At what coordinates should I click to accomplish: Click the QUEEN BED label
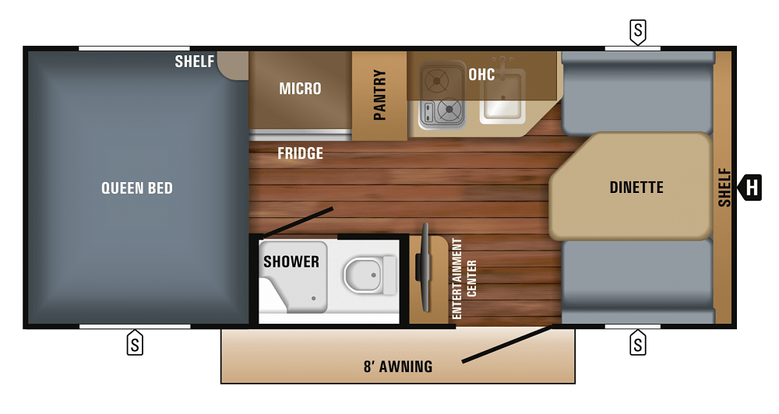(137, 188)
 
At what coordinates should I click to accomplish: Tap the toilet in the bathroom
(366, 275)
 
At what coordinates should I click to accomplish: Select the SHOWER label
(291, 261)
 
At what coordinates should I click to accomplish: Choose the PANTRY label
(380, 96)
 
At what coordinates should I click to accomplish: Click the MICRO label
(300, 89)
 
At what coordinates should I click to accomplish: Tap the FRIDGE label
(300, 153)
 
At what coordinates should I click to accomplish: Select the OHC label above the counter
(481, 75)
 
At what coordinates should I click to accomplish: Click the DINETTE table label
(636, 188)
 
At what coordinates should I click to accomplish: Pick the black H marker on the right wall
(751, 188)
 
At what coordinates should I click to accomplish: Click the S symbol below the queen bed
(135, 342)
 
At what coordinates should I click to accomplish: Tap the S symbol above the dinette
(638, 31)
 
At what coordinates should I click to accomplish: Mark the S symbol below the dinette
(638, 342)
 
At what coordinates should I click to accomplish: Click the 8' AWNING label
(398, 366)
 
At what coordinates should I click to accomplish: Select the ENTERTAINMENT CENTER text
(464, 279)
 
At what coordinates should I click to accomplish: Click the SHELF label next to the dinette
(725, 188)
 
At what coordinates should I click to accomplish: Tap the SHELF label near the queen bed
(194, 61)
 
